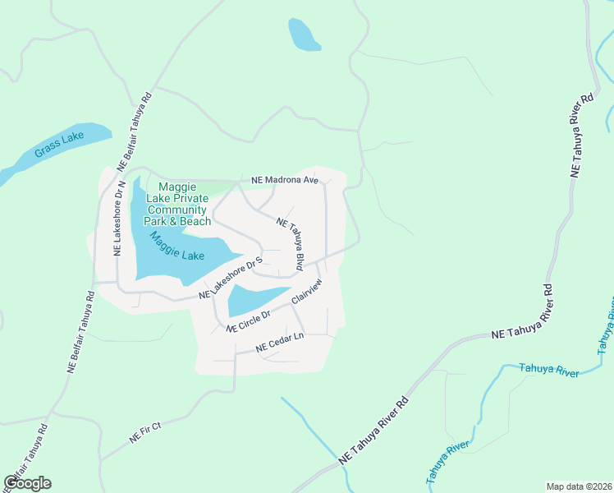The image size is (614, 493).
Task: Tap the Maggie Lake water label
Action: pos(176,246)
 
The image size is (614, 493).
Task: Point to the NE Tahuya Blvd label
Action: pos(291,245)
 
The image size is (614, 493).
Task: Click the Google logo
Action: pos(27,483)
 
